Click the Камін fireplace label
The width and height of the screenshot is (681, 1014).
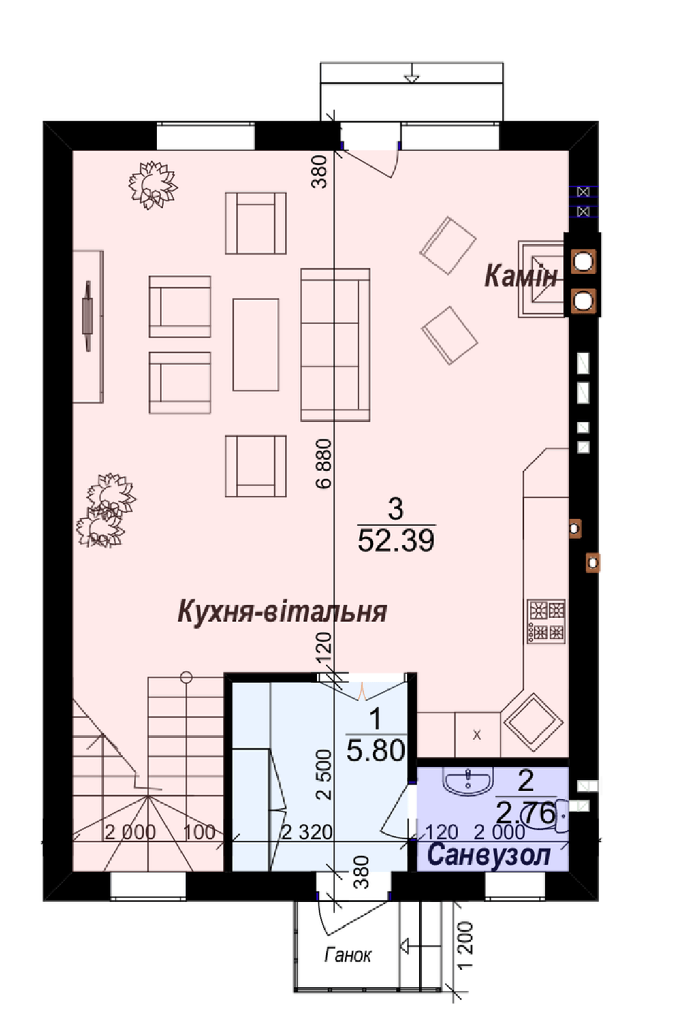(x=521, y=276)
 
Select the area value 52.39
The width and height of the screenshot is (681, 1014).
(x=396, y=539)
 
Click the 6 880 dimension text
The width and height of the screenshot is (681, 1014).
(x=324, y=463)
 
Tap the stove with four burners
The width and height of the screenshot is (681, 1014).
(x=546, y=620)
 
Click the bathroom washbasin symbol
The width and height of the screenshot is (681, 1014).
(x=468, y=782)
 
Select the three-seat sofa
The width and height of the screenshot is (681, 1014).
(x=336, y=345)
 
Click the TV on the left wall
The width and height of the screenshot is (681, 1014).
(x=87, y=315)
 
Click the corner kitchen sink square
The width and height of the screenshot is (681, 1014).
(x=534, y=720)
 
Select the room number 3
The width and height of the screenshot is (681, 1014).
(x=396, y=509)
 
